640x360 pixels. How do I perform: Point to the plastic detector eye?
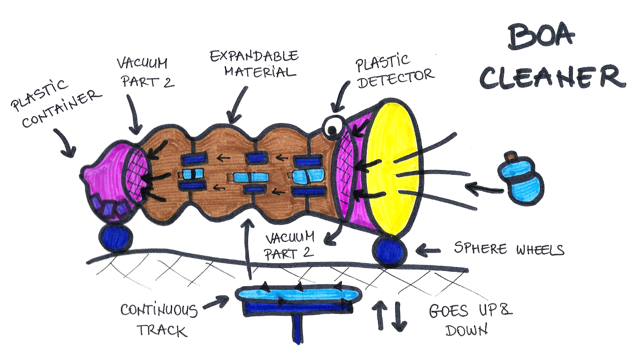coord(331,127)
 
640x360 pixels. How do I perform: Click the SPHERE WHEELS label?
coord(508,249)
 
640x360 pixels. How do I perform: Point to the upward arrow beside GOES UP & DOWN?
coord(381,314)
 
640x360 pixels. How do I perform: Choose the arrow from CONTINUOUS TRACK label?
coord(217,303)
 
